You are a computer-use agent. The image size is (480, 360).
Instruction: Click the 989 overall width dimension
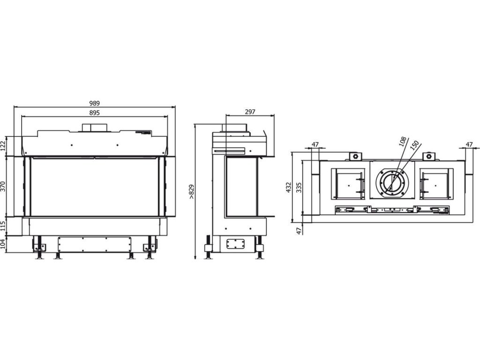point(95,104)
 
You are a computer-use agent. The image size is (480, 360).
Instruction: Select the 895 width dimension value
point(95,113)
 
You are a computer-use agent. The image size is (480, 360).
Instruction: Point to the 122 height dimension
point(4,145)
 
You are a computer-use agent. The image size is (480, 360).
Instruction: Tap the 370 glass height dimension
point(4,187)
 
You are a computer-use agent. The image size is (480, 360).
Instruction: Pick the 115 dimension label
point(4,226)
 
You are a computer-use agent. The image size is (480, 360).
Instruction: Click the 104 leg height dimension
point(4,244)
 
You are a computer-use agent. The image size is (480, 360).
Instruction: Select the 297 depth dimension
point(250,112)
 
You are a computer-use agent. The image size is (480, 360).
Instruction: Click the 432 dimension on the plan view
point(289,187)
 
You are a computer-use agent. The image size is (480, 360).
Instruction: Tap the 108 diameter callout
point(402,142)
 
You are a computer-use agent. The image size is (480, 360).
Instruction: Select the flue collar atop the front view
point(95,127)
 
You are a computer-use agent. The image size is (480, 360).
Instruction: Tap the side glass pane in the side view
point(241,187)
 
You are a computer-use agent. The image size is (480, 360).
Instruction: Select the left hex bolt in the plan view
point(355,156)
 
